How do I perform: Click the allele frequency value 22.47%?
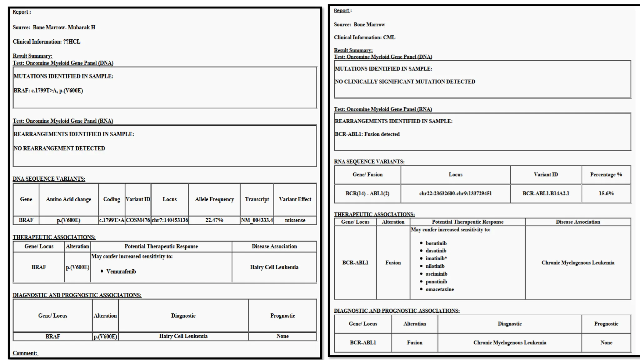click(x=214, y=220)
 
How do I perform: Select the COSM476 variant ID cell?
click(x=138, y=220)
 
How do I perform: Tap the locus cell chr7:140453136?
click(x=170, y=220)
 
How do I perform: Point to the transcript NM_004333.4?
click(x=257, y=220)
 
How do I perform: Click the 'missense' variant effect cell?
click(x=295, y=220)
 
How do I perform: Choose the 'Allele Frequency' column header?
click(x=214, y=199)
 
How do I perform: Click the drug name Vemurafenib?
click(x=121, y=271)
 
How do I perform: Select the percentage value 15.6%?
click(x=606, y=193)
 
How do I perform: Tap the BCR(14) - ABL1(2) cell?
click(x=367, y=193)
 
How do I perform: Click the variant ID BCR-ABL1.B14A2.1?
click(x=546, y=193)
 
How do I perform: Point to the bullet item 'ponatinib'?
click(x=436, y=282)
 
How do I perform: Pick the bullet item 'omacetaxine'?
click(x=439, y=289)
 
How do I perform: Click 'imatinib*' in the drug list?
click(x=436, y=258)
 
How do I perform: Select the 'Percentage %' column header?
click(x=606, y=174)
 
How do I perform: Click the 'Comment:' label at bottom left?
click(x=25, y=353)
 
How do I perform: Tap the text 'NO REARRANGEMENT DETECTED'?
click(x=59, y=148)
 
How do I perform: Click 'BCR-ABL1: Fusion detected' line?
click(x=367, y=134)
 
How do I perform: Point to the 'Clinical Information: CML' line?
click(x=364, y=37)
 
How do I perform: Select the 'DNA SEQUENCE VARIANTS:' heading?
click(x=49, y=179)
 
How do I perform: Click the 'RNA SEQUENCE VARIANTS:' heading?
click(x=369, y=162)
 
